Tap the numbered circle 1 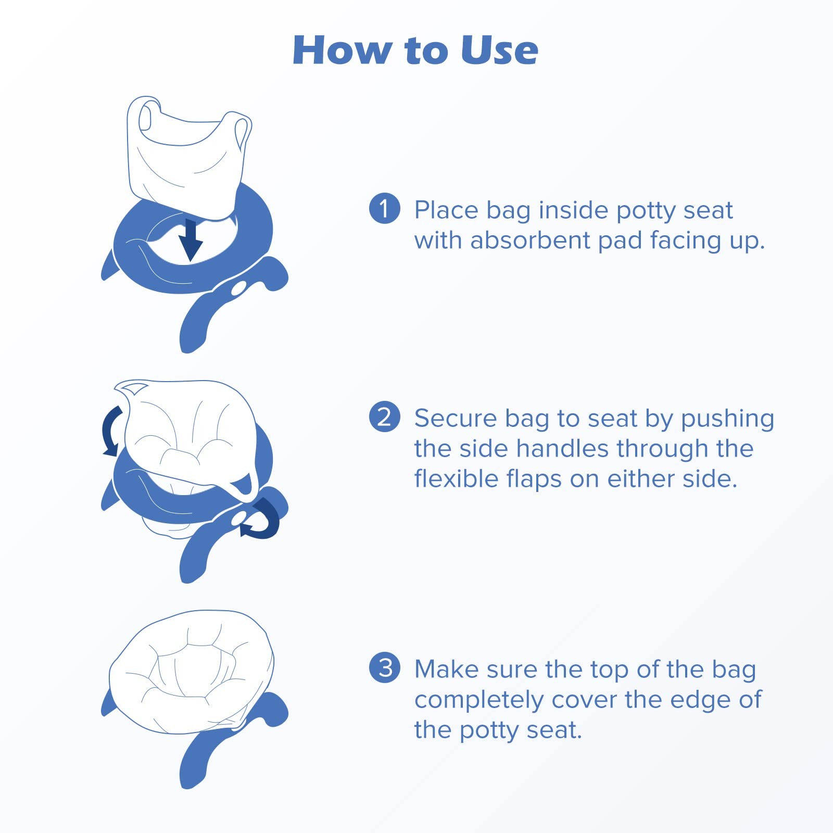tap(384, 208)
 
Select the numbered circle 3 tap(384, 667)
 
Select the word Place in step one tap(446, 210)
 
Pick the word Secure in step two tap(455, 419)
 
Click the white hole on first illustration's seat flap tap(239, 288)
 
